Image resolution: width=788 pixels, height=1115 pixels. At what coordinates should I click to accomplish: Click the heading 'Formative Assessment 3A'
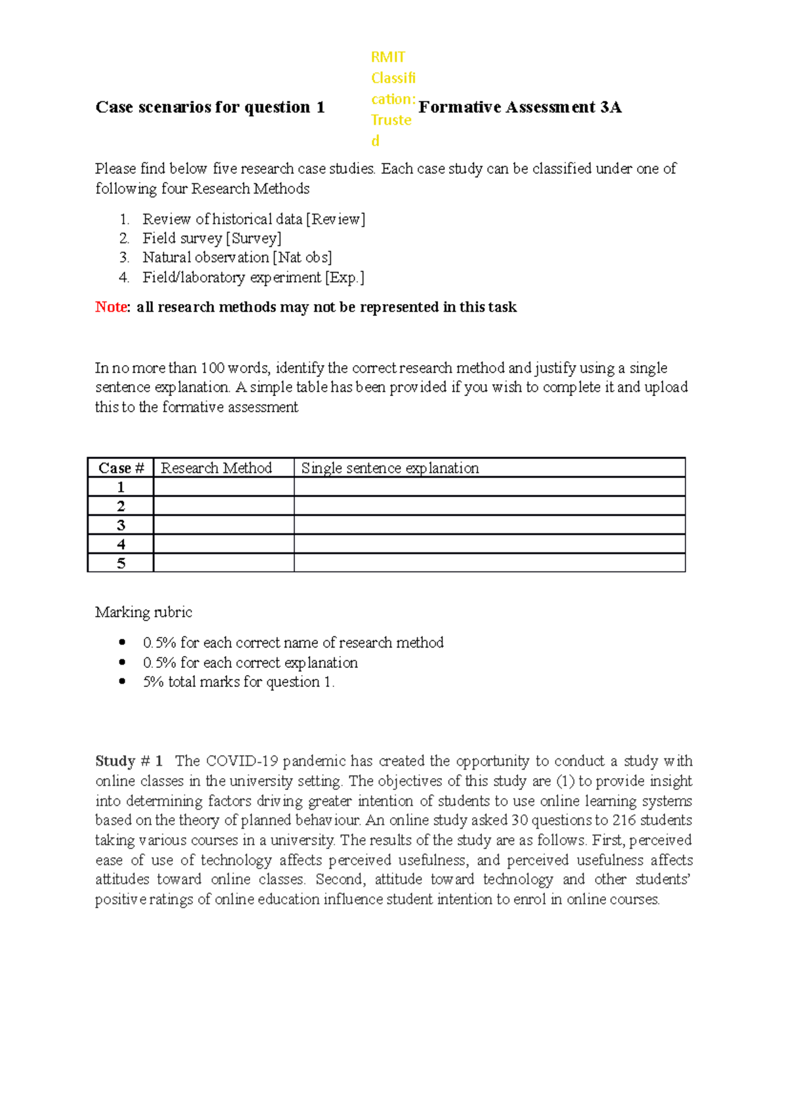[519, 107]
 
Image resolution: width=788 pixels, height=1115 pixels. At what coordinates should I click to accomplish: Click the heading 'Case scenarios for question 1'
[210, 107]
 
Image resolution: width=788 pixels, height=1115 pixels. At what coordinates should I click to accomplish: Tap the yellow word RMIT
[388, 57]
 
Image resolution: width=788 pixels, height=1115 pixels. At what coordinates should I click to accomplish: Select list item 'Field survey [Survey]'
[211, 238]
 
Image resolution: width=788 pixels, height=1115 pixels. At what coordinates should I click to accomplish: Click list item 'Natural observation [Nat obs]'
[237, 257]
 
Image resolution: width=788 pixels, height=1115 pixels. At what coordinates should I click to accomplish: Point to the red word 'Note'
[111, 307]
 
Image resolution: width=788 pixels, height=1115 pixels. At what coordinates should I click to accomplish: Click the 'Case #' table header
[121, 468]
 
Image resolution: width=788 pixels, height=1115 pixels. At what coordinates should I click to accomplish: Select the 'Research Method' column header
[216, 468]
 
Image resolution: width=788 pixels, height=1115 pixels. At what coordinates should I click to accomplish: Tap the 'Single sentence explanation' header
[390, 468]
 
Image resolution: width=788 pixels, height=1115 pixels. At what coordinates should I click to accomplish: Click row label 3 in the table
[121, 525]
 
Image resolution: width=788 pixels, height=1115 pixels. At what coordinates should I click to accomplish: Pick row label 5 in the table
[121, 563]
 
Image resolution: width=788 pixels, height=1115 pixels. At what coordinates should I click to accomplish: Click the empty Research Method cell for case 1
[223, 487]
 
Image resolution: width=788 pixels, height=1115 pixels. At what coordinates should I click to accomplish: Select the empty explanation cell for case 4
[489, 544]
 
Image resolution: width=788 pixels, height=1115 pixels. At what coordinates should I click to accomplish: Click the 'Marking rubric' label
[144, 612]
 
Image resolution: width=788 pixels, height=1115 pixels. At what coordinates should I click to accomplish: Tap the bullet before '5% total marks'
[122, 682]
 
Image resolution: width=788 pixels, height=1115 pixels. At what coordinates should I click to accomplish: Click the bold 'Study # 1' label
[129, 761]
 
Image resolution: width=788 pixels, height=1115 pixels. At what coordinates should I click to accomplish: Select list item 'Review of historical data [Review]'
[253, 219]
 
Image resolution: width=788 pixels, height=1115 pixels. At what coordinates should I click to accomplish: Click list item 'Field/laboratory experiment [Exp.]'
[253, 277]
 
